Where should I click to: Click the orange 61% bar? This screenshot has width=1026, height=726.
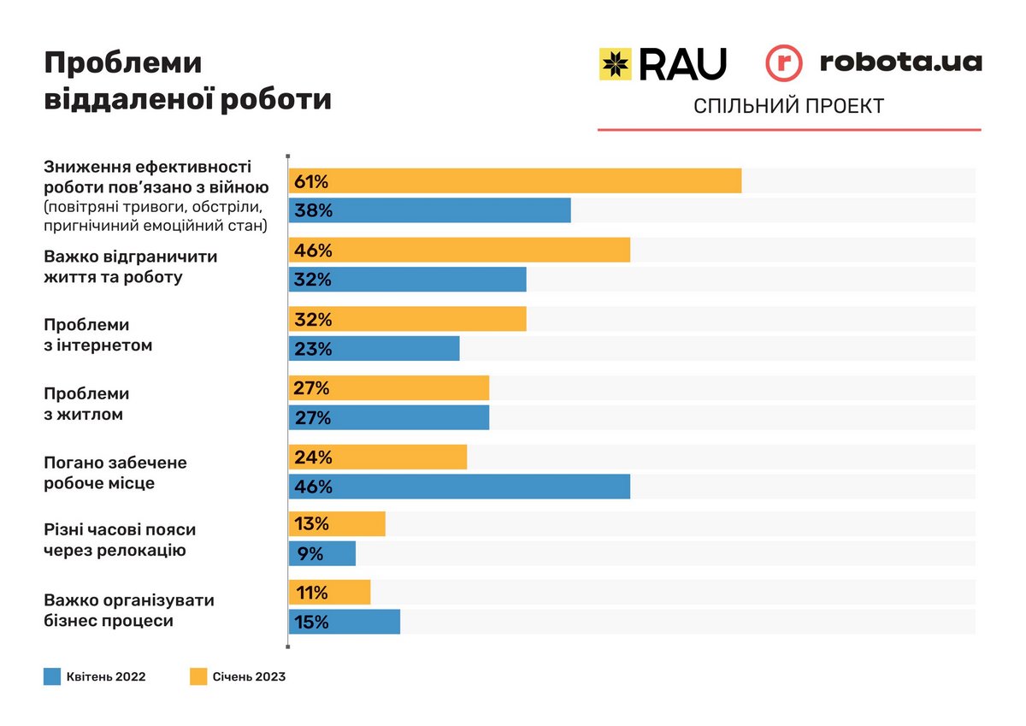tap(515, 181)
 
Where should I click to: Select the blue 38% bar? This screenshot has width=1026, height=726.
tap(429, 210)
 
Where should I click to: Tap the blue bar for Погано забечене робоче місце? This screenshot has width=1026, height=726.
tap(459, 487)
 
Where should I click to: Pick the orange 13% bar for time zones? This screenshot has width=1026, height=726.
tap(337, 524)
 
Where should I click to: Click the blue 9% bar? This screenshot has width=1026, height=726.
tap(322, 553)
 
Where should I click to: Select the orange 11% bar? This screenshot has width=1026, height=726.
tap(329, 593)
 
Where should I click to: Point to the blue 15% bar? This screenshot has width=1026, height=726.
tap(345, 622)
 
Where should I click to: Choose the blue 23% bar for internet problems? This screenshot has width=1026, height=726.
tap(374, 349)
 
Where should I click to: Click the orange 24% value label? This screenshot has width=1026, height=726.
tap(312, 457)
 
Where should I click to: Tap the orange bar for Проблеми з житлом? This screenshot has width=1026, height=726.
tap(389, 388)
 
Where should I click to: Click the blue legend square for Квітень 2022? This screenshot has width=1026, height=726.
tap(52, 677)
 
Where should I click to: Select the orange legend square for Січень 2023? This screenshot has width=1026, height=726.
tap(198, 677)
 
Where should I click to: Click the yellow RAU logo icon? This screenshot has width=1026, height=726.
tap(615, 64)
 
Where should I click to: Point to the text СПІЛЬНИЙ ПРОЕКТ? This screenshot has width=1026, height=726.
tap(788, 107)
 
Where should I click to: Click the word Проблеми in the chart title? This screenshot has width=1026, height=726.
tap(123, 63)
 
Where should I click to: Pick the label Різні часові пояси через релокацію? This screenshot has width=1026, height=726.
tap(126, 540)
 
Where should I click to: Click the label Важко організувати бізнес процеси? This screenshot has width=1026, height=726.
tap(129, 610)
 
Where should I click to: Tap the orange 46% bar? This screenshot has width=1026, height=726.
tap(459, 251)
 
